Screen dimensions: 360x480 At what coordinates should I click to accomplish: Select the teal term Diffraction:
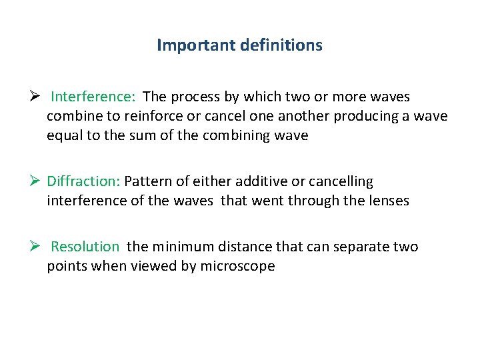(x=83, y=181)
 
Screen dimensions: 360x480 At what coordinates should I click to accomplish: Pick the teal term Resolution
(x=85, y=247)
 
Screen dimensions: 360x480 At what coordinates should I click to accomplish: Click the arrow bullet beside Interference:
(x=37, y=97)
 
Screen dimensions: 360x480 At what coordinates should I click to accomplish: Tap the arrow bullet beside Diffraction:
(x=37, y=181)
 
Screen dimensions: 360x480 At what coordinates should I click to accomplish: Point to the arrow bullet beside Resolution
(x=37, y=247)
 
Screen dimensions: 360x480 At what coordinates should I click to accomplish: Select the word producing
(x=371, y=116)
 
